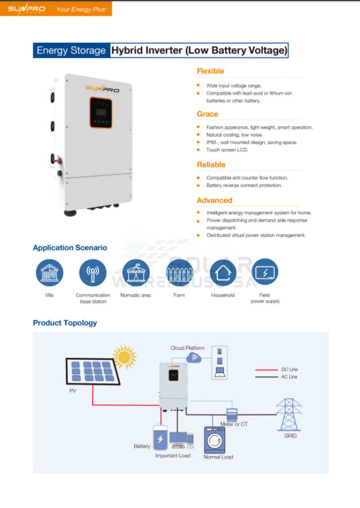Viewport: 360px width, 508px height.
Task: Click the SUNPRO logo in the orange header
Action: coord(27,9)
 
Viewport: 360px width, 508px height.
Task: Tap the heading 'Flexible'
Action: coord(210,71)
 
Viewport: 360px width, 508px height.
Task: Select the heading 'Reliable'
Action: coord(210,165)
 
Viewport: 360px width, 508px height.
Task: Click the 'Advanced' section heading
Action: coord(214,200)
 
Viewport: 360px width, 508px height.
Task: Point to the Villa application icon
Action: coord(49,273)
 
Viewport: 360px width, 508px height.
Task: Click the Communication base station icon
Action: coord(93,273)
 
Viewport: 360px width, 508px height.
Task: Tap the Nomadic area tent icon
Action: coord(135,273)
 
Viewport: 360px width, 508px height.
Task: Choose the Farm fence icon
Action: coord(179,273)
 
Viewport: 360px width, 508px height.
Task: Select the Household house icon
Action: coord(222,273)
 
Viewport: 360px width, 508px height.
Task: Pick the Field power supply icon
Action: coord(265,273)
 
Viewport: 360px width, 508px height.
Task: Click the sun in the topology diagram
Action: coord(124,357)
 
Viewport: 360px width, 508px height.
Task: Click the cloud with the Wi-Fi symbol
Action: coord(195,358)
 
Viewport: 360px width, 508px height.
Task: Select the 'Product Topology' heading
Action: coord(65,323)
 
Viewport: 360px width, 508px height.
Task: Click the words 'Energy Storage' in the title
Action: coord(71,50)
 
